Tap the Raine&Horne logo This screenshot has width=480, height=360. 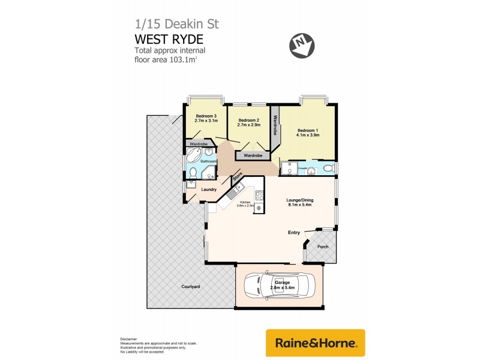tap(315, 343)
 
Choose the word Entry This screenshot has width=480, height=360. tap(294, 232)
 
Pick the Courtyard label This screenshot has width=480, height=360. tap(191, 287)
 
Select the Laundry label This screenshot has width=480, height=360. tap(209, 190)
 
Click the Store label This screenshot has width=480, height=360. tap(236, 178)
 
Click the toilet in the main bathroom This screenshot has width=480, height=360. tap(191, 173)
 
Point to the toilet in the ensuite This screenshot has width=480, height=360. tap(326, 169)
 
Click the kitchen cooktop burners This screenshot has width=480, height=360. tap(259, 194)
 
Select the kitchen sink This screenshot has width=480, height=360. tap(233, 193)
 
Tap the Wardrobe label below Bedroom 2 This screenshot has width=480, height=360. tap(253, 155)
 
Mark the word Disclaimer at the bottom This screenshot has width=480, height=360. tap(129, 339)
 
